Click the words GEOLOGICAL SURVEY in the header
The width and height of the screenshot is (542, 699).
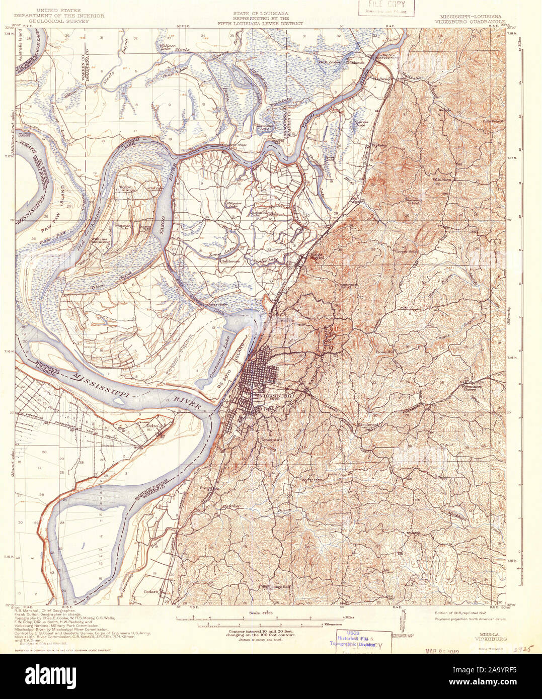(59, 22)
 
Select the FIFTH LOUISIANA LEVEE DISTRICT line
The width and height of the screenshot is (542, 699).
(260, 23)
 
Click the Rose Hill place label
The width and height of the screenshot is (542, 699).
(386, 352)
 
